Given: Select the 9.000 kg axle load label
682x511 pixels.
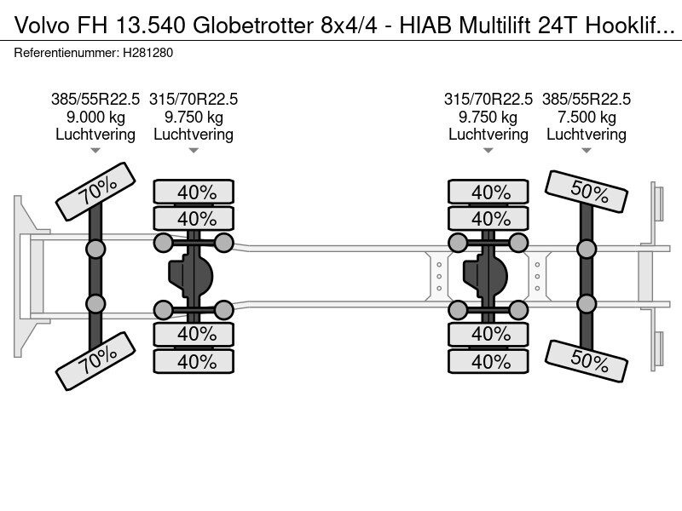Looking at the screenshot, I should (x=95, y=117).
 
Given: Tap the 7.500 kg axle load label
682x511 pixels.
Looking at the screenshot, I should (x=586, y=117).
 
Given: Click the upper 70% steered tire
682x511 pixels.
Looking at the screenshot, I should (x=95, y=193).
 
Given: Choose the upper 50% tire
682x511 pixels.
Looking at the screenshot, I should (x=587, y=192).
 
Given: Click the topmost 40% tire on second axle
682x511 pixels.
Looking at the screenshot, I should (x=194, y=192).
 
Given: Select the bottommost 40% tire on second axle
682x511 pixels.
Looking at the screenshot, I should (x=194, y=362).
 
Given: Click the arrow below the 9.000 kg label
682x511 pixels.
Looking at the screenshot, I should (x=95, y=151).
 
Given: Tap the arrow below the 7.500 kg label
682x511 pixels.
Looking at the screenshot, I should (x=586, y=151).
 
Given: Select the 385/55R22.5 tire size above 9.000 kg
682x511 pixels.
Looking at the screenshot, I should (x=95, y=99).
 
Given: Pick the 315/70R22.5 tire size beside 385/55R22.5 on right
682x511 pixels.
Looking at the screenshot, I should (x=488, y=99).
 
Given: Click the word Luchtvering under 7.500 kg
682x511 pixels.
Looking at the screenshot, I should (x=586, y=135).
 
